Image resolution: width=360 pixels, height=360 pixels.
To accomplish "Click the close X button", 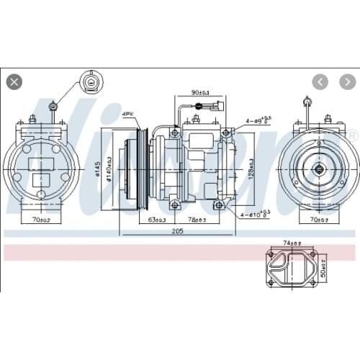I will (14, 81).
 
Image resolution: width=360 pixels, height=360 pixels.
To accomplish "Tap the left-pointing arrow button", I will (321, 81).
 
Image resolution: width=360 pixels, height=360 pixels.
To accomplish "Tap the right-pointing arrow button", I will (343, 81).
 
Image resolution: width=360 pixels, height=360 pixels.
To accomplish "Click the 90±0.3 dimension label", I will (201, 93).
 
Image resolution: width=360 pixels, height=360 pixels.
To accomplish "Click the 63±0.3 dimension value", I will (158, 220).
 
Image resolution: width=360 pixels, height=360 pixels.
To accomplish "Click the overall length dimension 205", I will (177, 231).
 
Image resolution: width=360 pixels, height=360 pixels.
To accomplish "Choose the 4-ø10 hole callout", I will (257, 214).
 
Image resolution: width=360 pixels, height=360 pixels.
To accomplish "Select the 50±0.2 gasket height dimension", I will (324, 268).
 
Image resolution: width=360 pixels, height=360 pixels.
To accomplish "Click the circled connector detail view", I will (90, 82).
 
